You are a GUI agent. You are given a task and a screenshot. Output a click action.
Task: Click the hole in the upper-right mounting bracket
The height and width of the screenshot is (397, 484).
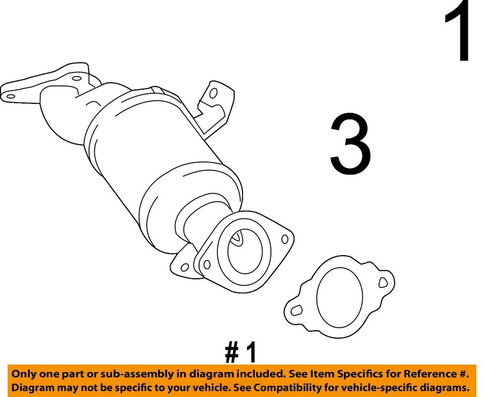tap(213, 94)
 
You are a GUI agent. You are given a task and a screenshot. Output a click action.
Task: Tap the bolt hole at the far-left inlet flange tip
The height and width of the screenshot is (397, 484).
tap(10, 94)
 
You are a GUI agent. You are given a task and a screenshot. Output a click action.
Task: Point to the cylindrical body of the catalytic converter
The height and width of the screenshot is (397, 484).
tap(146, 151)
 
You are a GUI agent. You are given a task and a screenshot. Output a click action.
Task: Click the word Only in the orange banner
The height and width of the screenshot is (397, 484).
tap(24, 374)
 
